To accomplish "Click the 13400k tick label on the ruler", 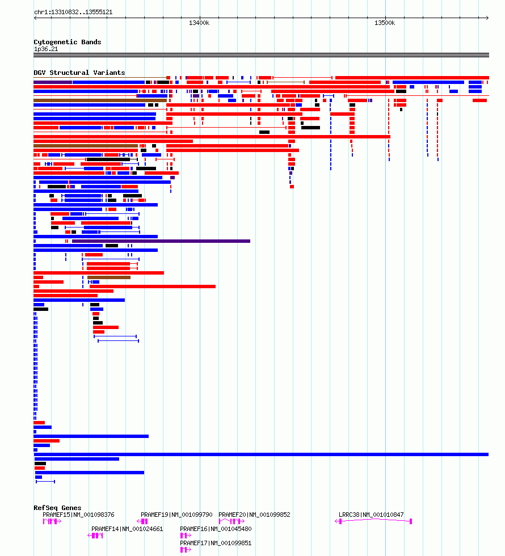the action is [x=199, y=23].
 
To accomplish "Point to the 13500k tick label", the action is [x=385, y=23].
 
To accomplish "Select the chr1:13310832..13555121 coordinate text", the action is [x=73, y=12].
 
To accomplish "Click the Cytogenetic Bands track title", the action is [x=68, y=42].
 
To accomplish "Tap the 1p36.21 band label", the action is [x=46, y=49].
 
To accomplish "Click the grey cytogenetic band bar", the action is [x=262, y=55].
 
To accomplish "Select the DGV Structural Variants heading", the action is [x=79, y=73].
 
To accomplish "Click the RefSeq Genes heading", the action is [x=57, y=508].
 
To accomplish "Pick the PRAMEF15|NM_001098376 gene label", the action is [x=78, y=515].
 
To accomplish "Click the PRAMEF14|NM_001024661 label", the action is [x=127, y=529].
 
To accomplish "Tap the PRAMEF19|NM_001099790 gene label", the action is [x=176, y=515].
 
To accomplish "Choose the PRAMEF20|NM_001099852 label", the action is [x=254, y=515].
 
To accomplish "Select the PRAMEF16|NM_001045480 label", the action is [x=216, y=529].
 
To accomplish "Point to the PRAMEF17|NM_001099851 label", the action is [x=216, y=543].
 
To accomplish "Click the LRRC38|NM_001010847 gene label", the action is [x=371, y=515].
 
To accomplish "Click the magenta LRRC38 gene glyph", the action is [x=373, y=520].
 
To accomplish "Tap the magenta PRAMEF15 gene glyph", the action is [x=52, y=521].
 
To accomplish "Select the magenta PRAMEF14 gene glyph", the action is [x=95, y=536].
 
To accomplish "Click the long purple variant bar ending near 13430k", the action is [x=161, y=241].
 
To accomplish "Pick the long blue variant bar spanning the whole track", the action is [x=262, y=454].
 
